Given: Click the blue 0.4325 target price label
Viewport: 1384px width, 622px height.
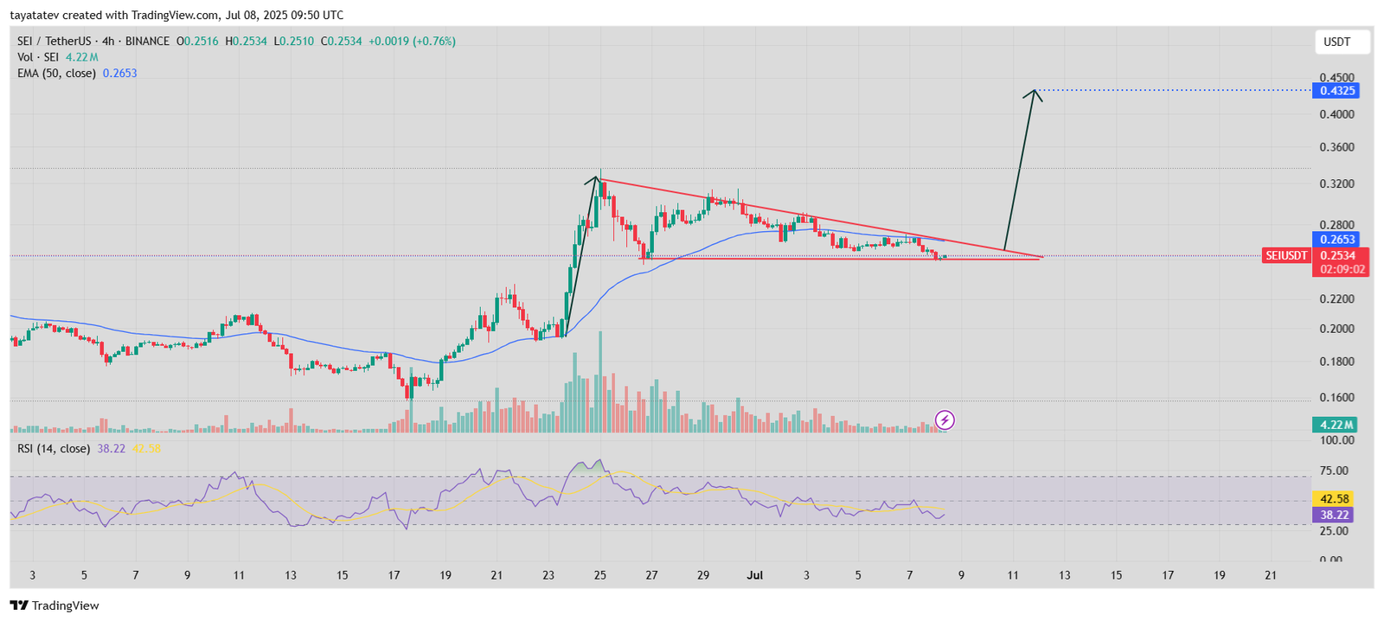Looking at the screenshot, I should (x=1335, y=91).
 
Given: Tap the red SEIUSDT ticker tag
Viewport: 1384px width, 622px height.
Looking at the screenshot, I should (x=1286, y=255).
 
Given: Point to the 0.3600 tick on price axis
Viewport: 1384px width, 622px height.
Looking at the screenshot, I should (x=1336, y=148).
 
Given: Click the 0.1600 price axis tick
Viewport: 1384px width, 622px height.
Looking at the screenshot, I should (x=1336, y=398).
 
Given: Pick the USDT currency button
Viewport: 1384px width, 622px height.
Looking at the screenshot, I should (x=1336, y=42).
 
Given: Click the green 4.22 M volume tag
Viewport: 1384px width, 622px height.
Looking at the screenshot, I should (x=1335, y=425).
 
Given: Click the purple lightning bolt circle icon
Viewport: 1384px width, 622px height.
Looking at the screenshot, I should (x=945, y=420).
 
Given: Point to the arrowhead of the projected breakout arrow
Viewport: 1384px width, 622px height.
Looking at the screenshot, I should (x=1033, y=92).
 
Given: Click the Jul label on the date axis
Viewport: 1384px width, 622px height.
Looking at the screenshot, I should (x=755, y=575).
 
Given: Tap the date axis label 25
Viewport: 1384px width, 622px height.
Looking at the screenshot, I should (x=599, y=575).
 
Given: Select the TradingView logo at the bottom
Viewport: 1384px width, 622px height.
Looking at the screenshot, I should (x=54, y=606).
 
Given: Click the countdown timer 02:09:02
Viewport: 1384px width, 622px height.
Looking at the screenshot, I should (x=1342, y=269).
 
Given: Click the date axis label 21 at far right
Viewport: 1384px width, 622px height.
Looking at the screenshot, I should (x=1271, y=575).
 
